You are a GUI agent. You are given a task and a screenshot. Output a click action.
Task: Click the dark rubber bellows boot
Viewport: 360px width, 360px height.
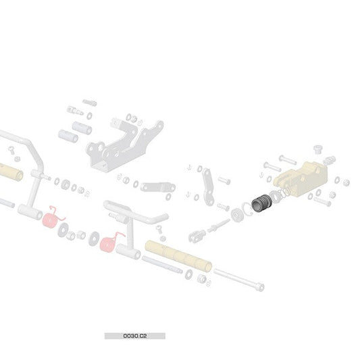(x=262, y=203)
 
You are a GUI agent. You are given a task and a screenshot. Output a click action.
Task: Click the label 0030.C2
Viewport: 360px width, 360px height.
(x=135, y=336)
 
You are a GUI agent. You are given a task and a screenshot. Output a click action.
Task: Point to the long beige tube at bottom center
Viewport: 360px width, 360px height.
(x=178, y=256)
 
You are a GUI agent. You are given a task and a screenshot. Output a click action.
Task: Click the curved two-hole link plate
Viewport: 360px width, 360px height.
(x=208, y=186)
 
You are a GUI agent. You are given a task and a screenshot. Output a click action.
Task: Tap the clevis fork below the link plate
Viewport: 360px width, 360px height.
(x=197, y=236)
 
